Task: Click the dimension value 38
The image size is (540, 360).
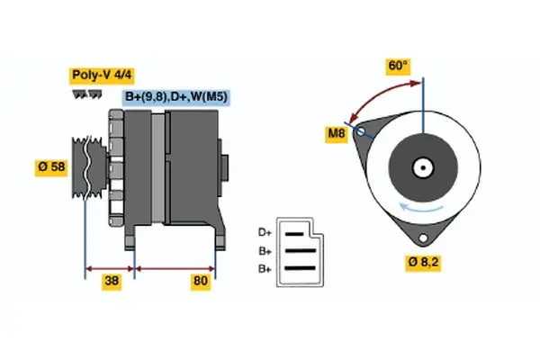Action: tap(112, 283)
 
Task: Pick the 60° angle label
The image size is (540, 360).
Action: tap(398, 66)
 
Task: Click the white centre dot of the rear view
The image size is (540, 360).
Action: tap(420, 167)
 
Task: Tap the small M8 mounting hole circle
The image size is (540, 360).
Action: tap(362, 132)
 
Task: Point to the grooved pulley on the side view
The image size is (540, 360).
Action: tap(87, 166)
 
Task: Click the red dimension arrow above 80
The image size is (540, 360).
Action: tap(175, 268)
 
